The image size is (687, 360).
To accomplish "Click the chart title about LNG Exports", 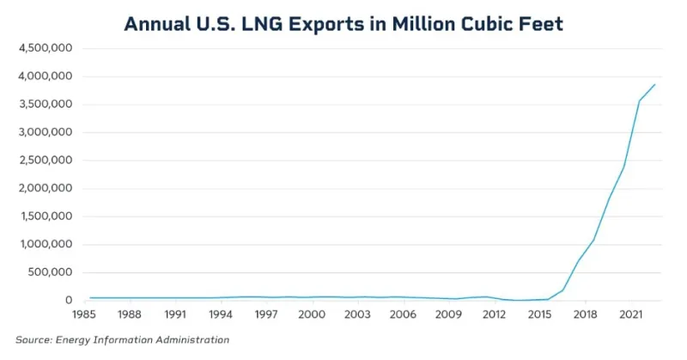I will (343, 23).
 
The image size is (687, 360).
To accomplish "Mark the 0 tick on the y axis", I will (67, 301).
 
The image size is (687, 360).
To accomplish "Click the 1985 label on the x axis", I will (85, 314).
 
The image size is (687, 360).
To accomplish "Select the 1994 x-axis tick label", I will (221, 314).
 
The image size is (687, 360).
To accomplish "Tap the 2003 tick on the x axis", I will (357, 314).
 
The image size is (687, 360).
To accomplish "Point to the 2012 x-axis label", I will (494, 314).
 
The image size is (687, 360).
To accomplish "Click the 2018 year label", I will (585, 314).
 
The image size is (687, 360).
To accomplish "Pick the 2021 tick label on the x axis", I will (630, 314).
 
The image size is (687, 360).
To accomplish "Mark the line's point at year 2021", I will (623, 167).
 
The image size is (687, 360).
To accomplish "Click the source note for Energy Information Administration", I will (123, 340).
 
